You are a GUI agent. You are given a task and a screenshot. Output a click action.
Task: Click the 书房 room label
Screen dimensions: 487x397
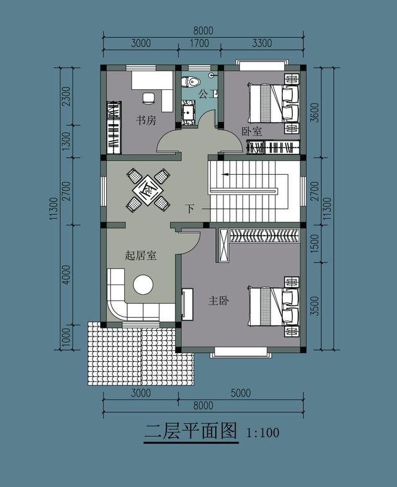coord(146,120)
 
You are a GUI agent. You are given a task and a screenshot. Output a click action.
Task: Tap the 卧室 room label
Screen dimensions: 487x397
coord(251,132)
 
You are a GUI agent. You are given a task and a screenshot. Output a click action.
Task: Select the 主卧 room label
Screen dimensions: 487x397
coord(218,301)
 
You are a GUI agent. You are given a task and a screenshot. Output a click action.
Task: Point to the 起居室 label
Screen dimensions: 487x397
coord(140,255)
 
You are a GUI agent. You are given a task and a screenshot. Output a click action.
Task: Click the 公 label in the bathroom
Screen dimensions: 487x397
coord(203,94)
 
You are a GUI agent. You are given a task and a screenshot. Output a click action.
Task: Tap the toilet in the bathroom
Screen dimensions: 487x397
coord(191,81)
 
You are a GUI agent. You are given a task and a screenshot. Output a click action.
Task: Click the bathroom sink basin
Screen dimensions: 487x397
coord(189,113)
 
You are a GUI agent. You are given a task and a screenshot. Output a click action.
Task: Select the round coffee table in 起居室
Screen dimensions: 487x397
coord(144,285)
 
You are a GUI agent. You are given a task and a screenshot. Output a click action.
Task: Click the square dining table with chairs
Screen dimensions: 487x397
coord(148,189)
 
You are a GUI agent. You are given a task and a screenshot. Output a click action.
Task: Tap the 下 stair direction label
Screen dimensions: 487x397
coord(190,209)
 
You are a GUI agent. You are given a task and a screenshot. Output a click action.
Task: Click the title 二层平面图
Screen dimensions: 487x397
coord(190,431)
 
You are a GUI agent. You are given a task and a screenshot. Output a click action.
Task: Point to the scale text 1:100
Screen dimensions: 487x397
coord(262,432)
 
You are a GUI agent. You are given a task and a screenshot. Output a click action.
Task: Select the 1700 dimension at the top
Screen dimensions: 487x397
coord(198,43)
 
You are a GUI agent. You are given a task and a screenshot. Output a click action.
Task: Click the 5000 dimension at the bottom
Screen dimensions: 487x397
coord(240,393)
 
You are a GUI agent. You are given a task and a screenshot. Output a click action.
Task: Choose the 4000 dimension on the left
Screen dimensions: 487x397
coord(67,274)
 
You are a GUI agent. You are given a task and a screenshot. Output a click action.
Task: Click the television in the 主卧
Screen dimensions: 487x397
coord(187,304)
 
